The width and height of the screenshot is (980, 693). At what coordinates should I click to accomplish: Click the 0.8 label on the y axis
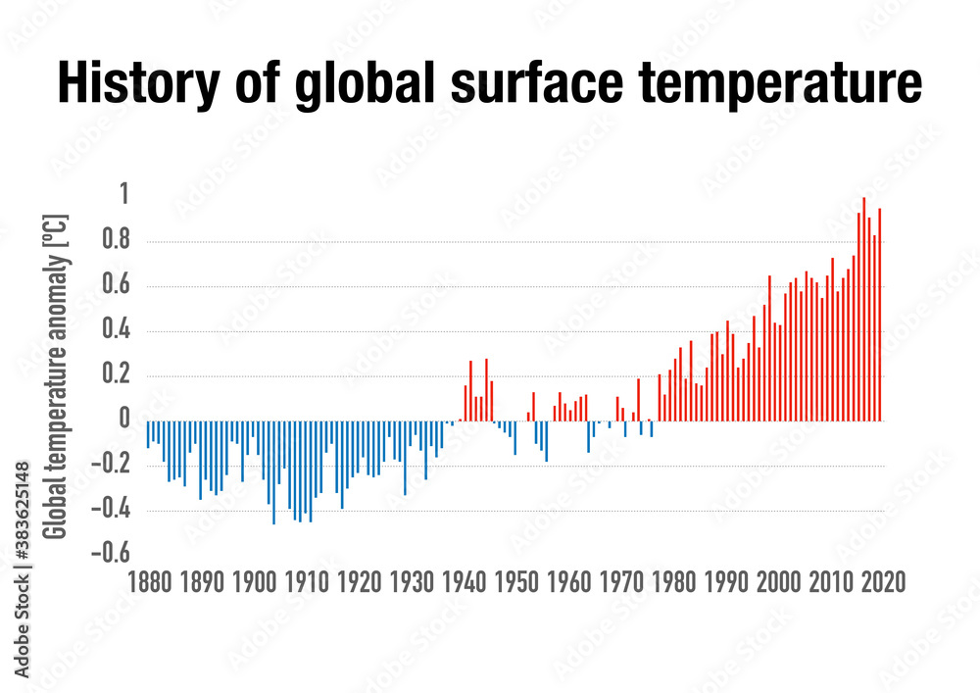[117, 241]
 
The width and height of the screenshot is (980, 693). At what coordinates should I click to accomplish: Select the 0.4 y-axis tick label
[117, 331]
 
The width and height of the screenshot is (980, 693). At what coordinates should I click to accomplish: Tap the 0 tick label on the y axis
[123, 421]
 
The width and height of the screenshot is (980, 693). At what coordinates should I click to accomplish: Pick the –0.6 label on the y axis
[111, 555]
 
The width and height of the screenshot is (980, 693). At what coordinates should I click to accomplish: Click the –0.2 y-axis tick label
[111, 466]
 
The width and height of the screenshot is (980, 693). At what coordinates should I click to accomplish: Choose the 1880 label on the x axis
[149, 580]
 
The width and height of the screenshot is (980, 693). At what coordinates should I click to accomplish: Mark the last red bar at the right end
[880, 314]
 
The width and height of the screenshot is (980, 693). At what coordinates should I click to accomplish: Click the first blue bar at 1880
[148, 434]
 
